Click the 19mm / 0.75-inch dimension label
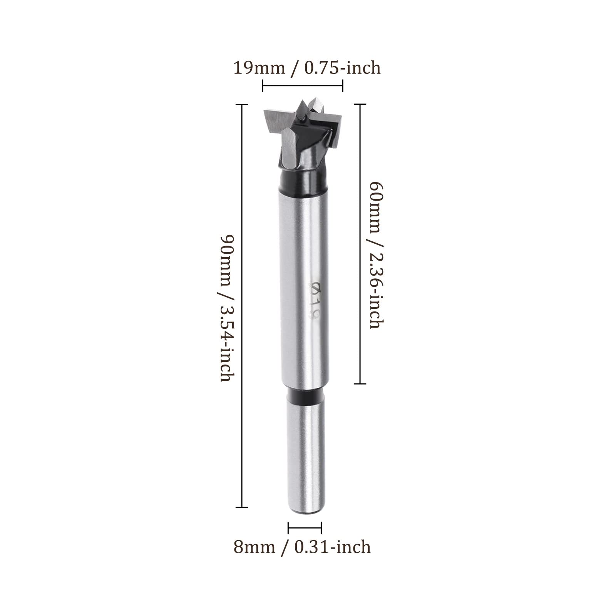(x=307, y=68)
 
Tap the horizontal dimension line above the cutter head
(x=303, y=85)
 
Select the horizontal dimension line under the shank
(x=305, y=528)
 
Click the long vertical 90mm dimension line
(x=241, y=306)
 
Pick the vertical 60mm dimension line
(x=360, y=244)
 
